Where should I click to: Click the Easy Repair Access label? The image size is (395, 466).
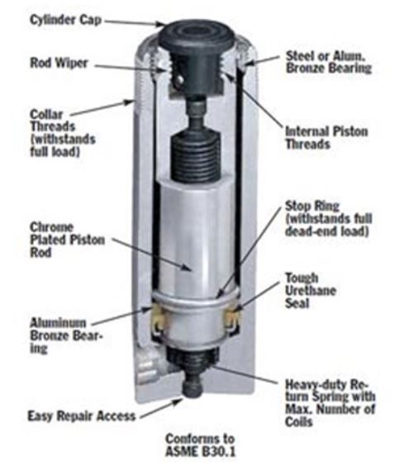(x=81, y=416)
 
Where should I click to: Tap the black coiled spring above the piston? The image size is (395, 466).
(x=196, y=153)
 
